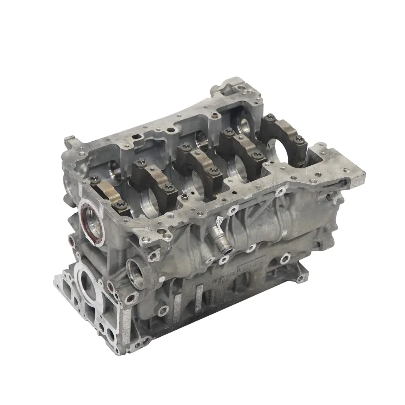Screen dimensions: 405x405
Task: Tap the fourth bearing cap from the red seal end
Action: [240, 150]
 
